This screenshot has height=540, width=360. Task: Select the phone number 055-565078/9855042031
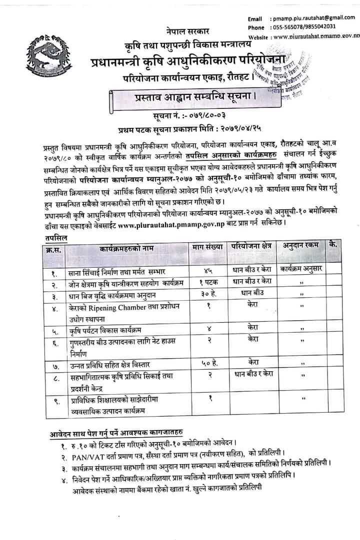pyautogui.click(x=302, y=27)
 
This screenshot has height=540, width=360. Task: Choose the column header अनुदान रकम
pyautogui.click(x=300, y=246)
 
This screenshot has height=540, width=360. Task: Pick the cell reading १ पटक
pyautogui.click(x=203, y=281)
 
